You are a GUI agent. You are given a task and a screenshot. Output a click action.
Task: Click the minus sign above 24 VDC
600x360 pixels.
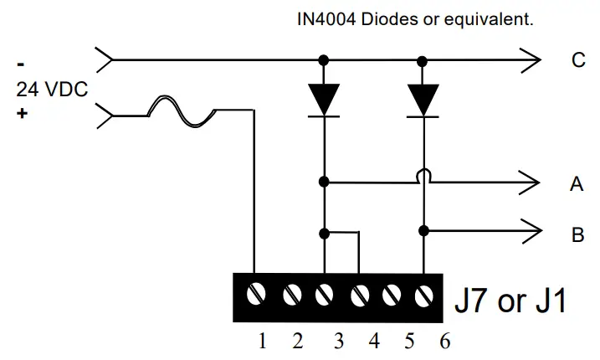(21, 64)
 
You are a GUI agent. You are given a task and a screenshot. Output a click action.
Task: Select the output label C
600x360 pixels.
(577, 60)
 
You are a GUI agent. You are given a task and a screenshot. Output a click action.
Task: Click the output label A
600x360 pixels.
(577, 185)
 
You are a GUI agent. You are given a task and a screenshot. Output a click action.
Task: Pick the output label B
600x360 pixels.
(577, 235)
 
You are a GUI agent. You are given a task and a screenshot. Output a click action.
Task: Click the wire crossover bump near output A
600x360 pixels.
(425, 177)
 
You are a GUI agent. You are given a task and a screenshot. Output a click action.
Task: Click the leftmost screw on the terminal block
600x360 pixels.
(258, 294)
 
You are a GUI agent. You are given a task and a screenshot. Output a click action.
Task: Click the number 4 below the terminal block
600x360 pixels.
(374, 341)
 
